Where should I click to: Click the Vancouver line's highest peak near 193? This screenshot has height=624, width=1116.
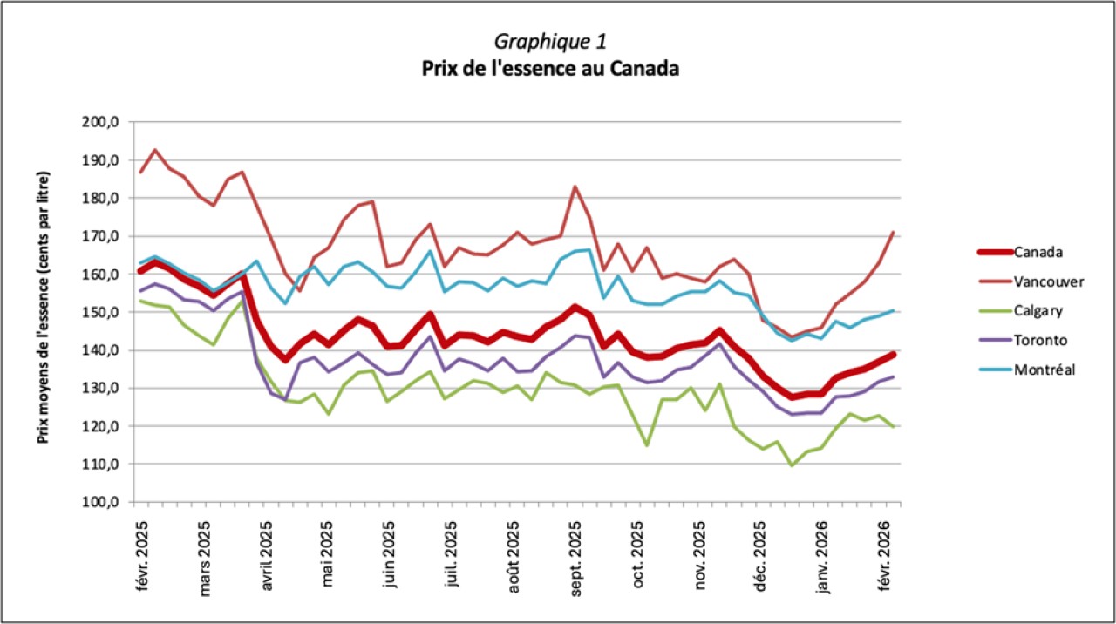(155, 150)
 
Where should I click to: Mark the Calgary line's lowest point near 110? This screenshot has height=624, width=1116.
(793, 465)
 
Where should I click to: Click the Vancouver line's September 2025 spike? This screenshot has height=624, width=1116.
(575, 187)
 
